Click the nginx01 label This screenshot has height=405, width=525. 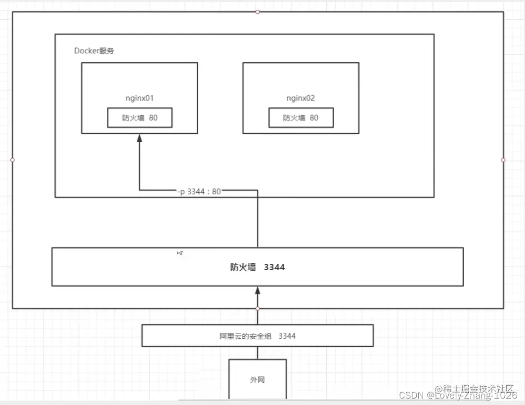tap(140, 98)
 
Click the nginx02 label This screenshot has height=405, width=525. tap(301, 98)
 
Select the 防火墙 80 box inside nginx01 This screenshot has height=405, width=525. tap(140, 118)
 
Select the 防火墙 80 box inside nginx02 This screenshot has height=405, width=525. tap(301, 118)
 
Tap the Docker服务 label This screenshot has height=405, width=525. tap(94, 50)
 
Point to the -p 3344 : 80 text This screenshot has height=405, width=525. tap(199, 191)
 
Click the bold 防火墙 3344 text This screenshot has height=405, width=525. tap(258, 267)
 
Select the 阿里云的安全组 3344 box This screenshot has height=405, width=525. tap(258, 336)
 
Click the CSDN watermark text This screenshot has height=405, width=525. tap(411, 396)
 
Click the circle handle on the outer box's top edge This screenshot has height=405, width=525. tap(258, 11)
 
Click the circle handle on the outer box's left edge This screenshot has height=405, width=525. tap(12, 160)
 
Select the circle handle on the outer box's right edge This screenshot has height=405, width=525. tap(503, 160)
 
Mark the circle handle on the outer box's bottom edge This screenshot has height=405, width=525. tap(258, 308)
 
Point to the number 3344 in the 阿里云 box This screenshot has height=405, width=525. tap(287, 336)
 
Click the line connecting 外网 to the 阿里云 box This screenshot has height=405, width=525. tap(258, 353)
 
